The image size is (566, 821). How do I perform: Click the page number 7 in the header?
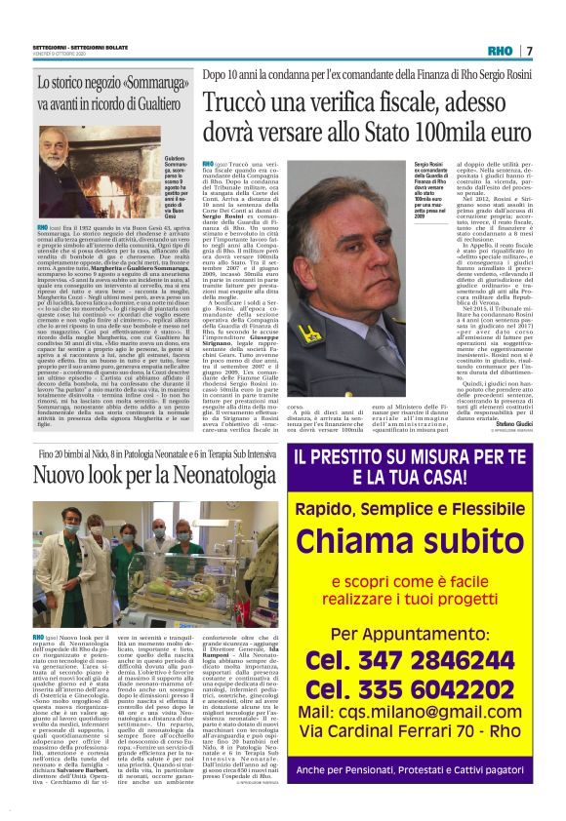coord(528,50)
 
